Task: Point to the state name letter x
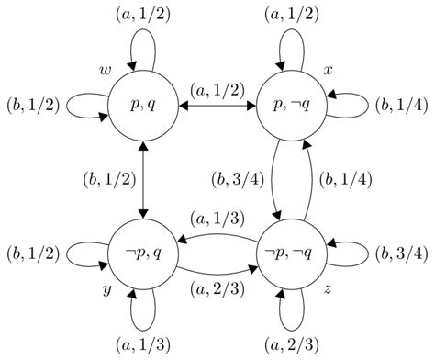pos(328,71)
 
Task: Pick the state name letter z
pos(328,290)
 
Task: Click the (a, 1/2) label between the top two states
pos(218,89)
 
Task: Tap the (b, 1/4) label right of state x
pos(400,106)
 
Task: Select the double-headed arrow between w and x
pos(218,107)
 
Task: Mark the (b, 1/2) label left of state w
pos(33,106)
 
